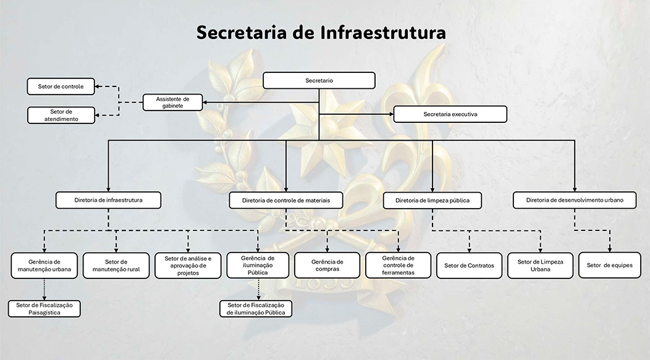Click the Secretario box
(319, 80)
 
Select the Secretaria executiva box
(450, 114)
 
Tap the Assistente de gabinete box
(172, 102)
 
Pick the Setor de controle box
(61, 86)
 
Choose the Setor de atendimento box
(61, 115)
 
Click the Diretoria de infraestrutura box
(108, 200)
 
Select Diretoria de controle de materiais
(286, 200)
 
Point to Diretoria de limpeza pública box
(432, 200)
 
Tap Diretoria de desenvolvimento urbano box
(575, 200)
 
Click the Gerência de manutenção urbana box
(44, 266)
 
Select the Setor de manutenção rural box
(116, 266)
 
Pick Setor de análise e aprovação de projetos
(188, 266)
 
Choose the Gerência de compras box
(327, 266)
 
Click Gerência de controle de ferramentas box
(398, 266)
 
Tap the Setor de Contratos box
(469, 266)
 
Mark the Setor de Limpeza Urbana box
(540, 266)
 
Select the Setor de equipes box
(609, 266)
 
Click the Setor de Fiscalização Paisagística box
(44, 308)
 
